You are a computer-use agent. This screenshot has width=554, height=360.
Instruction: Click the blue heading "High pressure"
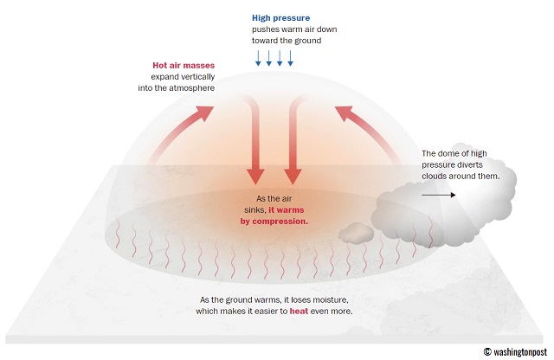pyautogui.click(x=280, y=18)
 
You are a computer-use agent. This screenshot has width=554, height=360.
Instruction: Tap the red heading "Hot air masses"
pyautogui.click(x=184, y=66)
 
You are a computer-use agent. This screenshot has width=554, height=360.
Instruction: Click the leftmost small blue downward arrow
pyautogui.click(x=258, y=58)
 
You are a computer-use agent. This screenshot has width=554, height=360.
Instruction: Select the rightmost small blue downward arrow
pyautogui.click(x=291, y=58)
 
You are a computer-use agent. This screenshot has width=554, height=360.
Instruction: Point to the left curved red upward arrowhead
pyautogui.click(x=203, y=113)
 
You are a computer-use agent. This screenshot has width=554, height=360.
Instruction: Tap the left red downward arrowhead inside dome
pyautogui.click(x=255, y=176)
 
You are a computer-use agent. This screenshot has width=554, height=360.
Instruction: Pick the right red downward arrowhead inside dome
pyautogui.click(x=293, y=176)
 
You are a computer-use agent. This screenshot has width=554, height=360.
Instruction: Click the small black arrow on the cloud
pyautogui.click(x=439, y=195)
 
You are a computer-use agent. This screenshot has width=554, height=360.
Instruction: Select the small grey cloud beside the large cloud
pyautogui.click(x=356, y=233)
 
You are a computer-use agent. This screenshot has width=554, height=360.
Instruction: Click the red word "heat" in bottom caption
pyautogui.click(x=299, y=312)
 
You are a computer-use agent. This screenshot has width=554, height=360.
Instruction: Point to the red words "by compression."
pyautogui.click(x=274, y=222)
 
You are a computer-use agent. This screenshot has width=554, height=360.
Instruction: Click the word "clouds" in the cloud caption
pyautogui.click(x=434, y=176)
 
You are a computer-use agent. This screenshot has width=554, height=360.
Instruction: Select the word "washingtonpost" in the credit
pyautogui.click(x=520, y=352)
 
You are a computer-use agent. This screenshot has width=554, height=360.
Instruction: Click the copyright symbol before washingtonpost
pyautogui.click(x=487, y=351)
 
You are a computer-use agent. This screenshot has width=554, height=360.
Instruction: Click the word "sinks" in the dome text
pyautogui.click(x=255, y=210)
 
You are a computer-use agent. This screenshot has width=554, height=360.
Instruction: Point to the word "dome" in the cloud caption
pyautogui.click(x=447, y=154)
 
